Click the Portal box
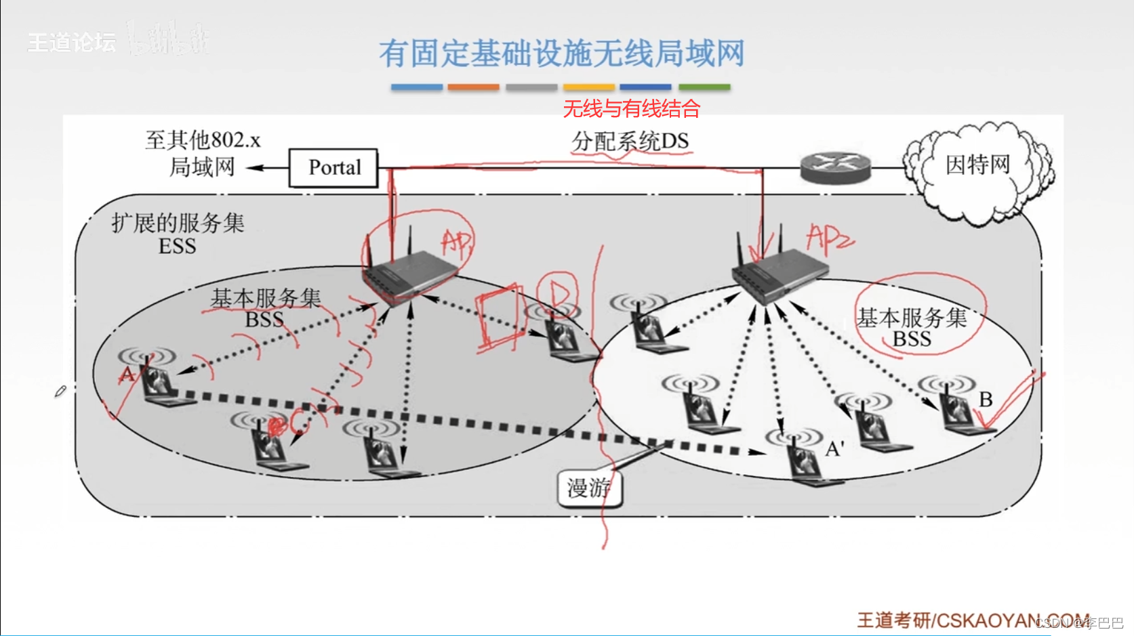click(333, 167)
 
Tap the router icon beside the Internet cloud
click(834, 167)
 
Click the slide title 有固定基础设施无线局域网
click(561, 54)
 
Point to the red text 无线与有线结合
click(631, 108)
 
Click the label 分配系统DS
click(630, 142)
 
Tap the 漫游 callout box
click(589, 488)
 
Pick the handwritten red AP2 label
click(829, 239)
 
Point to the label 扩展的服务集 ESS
click(178, 234)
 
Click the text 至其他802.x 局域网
click(202, 153)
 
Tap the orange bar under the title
click(473, 87)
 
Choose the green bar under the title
click(704, 87)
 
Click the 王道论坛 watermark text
click(71, 43)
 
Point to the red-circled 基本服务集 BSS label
click(912, 328)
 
